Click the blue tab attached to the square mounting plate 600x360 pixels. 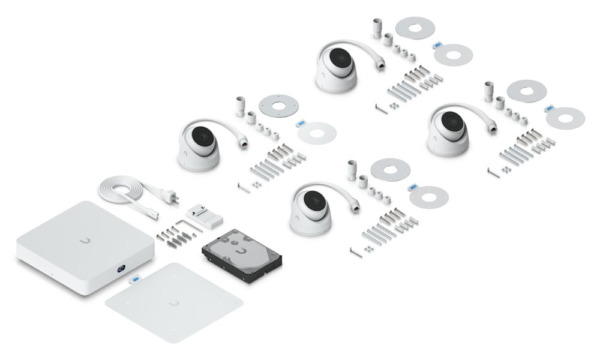[x=134, y=279]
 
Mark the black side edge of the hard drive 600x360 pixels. [x=240, y=267]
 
